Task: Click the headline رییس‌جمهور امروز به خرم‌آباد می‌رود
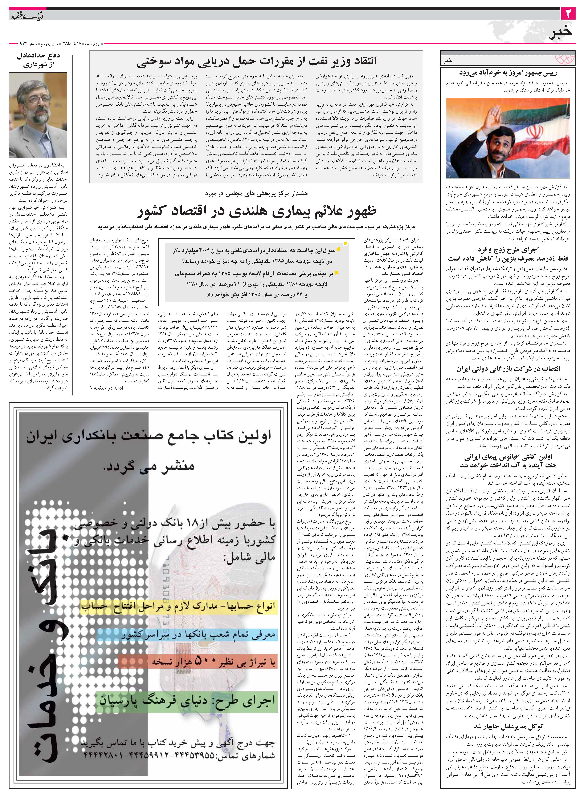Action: (x=508, y=73)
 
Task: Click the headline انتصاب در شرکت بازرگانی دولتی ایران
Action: (x=508, y=369)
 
